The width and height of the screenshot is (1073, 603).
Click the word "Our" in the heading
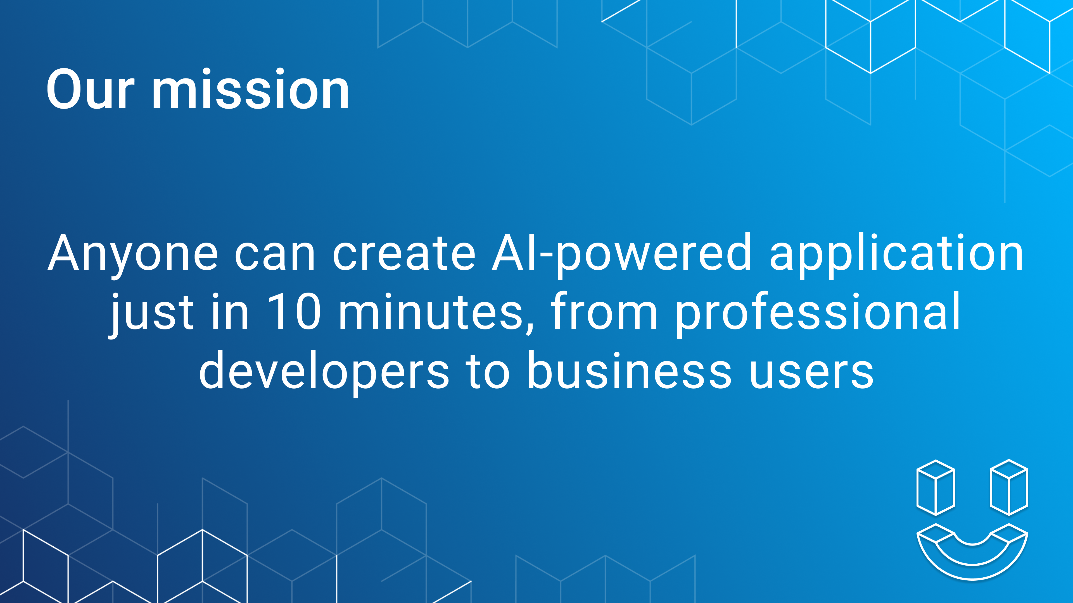coord(90,89)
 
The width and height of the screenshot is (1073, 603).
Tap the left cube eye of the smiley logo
coord(936,487)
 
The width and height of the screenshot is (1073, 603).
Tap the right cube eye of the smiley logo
coord(1009,487)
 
